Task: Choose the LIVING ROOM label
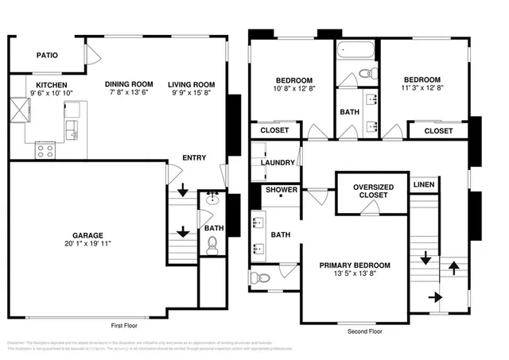click(x=191, y=84)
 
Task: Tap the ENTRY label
click(x=194, y=157)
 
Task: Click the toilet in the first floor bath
click(x=212, y=247)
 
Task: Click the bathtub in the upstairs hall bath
click(x=355, y=50)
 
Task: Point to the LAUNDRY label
click(x=278, y=163)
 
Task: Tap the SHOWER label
click(x=281, y=190)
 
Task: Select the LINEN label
click(x=422, y=184)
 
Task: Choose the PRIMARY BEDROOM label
click(x=355, y=265)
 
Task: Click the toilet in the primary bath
click(x=262, y=277)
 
